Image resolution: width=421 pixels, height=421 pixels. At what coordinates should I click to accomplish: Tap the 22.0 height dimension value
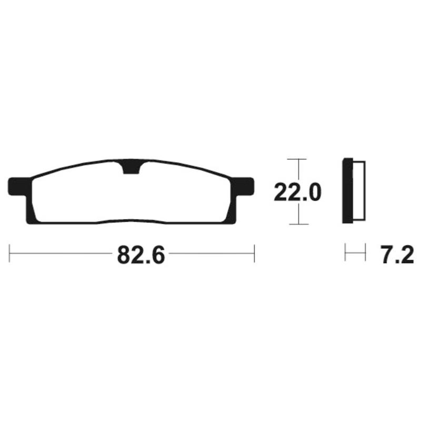(x=297, y=192)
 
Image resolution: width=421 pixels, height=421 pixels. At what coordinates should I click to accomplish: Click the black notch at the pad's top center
(x=131, y=167)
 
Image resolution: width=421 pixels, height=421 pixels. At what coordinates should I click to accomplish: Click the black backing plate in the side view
(x=348, y=191)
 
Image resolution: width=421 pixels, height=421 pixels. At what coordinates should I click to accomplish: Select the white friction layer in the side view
(x=359, y=191)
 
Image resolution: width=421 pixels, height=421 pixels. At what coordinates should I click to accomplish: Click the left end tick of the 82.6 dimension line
(x=9, y=253)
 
